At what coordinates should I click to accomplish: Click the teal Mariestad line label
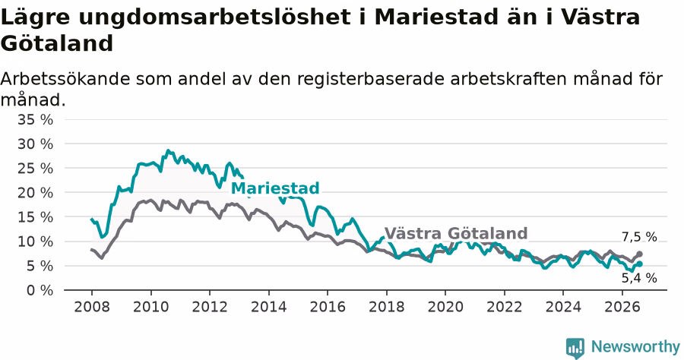275,188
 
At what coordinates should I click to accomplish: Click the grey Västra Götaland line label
456,234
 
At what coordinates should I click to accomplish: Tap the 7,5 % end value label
639,237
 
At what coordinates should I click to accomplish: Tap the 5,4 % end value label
639,278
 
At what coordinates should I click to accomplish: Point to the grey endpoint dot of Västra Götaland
639,254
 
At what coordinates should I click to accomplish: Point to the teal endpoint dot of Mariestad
639,264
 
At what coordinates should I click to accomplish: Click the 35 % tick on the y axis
35,119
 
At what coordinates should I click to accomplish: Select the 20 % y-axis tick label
35,193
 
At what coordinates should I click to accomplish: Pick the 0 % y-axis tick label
40,290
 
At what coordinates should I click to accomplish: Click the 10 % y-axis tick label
35,242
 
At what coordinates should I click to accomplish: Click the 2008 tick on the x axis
92,307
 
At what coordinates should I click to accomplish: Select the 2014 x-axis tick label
269,307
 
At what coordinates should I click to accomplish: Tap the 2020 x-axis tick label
445,307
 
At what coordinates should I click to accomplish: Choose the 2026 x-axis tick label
622,307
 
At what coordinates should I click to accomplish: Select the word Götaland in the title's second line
57,43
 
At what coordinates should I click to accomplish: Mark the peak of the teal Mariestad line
168,150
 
